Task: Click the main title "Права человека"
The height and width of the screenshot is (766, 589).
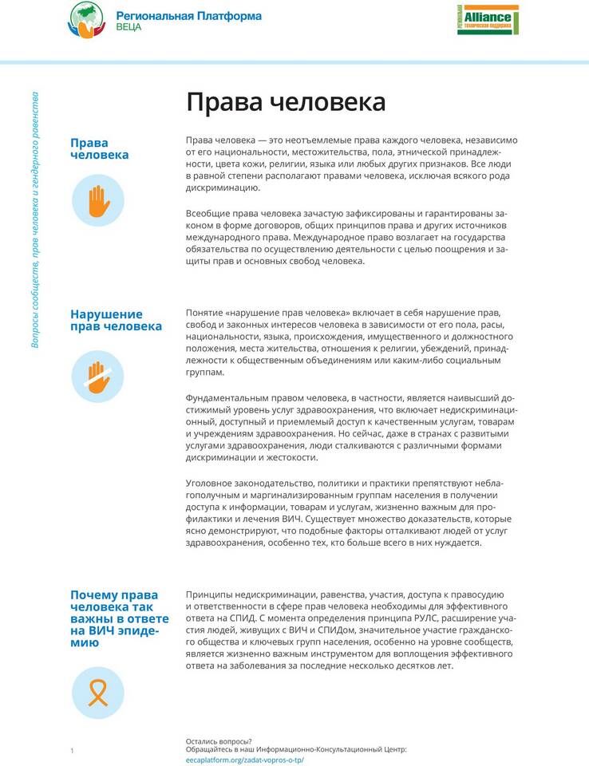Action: point(286,103)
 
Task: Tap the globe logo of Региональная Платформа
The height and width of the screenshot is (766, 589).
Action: point(86,20)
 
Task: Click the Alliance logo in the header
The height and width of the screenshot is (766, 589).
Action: point(488,20)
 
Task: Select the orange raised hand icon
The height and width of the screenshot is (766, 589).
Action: point(98,201)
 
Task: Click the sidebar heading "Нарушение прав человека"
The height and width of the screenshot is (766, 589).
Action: point(116,320)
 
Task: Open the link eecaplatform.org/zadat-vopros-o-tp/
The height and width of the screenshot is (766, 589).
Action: point(244,760)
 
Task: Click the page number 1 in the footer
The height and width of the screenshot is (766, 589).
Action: point(72,750)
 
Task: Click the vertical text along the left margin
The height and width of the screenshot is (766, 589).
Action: point(35,219)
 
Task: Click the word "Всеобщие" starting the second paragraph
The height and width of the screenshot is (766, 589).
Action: point(208,213)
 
